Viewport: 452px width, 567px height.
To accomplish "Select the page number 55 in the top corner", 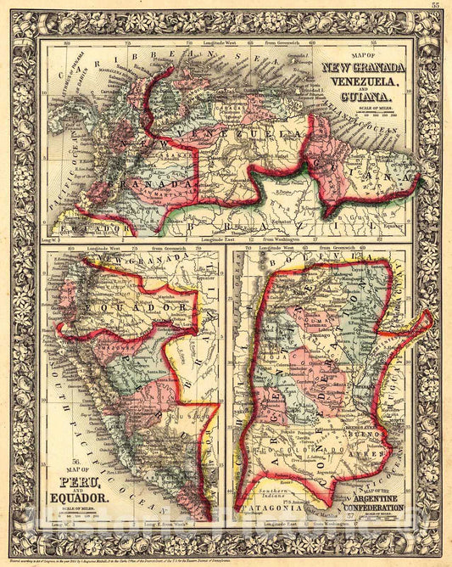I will pos(435,5).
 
